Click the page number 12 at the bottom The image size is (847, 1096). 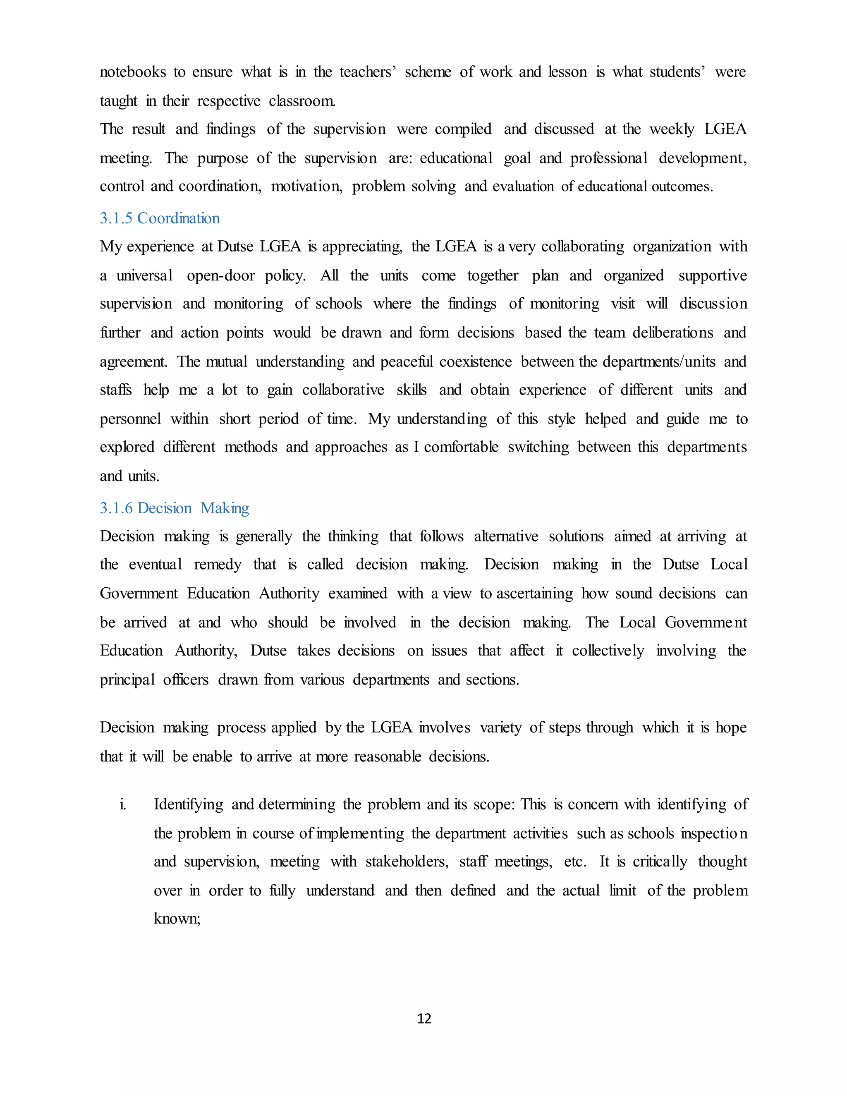coord(424,1018)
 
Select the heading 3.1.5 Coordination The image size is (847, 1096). coord(160,218)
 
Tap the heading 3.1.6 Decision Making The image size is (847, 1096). coord(174,508)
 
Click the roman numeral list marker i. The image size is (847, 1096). coord(122,804)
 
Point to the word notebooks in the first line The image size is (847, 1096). coord(132,72)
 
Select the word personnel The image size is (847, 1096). coord(130,419)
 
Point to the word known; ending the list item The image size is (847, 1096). coord(177,919)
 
